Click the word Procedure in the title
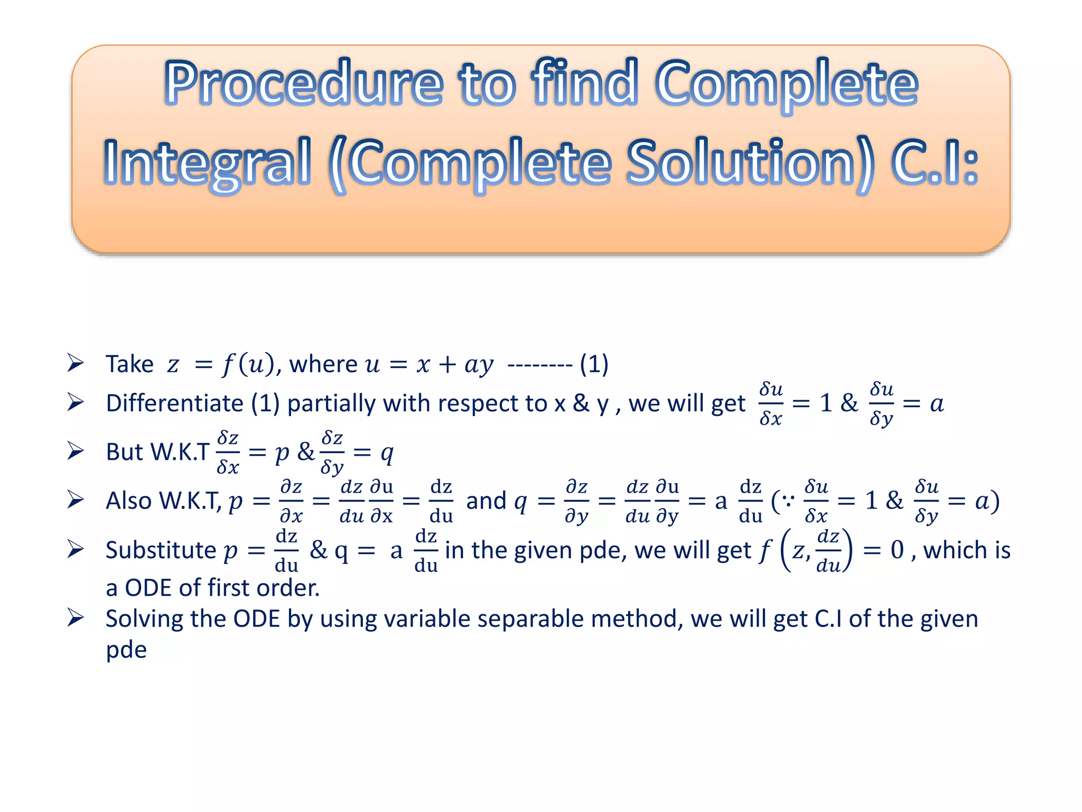click(304, 83)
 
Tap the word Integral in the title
click(207, 162)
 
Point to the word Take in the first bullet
click(129, 364)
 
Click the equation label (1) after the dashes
click(594, 364)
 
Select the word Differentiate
click(174, 403)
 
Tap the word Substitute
click(161, 550)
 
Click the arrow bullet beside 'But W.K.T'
click(76, 451)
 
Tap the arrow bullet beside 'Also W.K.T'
click(76, 500)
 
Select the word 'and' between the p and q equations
click(486, 501)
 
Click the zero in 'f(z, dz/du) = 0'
click(897, 550)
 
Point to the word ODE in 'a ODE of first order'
click(148, 588)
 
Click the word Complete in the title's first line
click(786, 83)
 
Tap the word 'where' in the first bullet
click(323, 364)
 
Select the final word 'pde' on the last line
click(126, 650)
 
